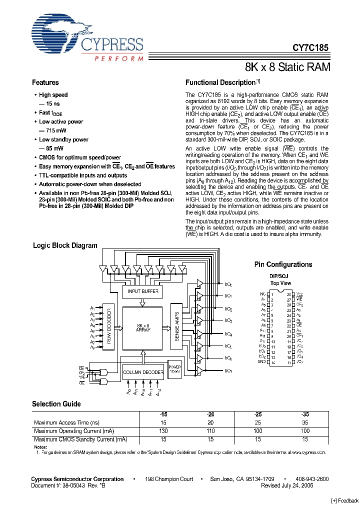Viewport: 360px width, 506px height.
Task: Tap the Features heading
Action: pyautogui.click(x=45, y=82)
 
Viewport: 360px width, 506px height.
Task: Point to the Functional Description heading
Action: pyautogui.click(x=220, y=82)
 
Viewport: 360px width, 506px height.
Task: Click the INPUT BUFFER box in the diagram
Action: pyautogui.click(x=143, y=290)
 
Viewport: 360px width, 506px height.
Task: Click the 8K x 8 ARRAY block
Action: pyautogui.click(x=143, y=328)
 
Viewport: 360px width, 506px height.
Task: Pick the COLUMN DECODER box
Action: pyautogui.click(x=143, y=372)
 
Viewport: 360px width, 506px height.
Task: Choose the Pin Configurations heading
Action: pyautogui.click(x=283, y=264)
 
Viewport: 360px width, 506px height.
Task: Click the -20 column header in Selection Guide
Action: pyautogui.click(x=210, y=414)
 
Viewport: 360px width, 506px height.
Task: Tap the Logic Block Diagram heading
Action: pyautogui.click(x=65, y=245)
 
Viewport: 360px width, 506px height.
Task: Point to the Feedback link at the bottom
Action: pyautogui.click(x=345, y=501)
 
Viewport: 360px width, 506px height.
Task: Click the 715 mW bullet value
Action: pyautogui.click(x=55, y=130)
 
